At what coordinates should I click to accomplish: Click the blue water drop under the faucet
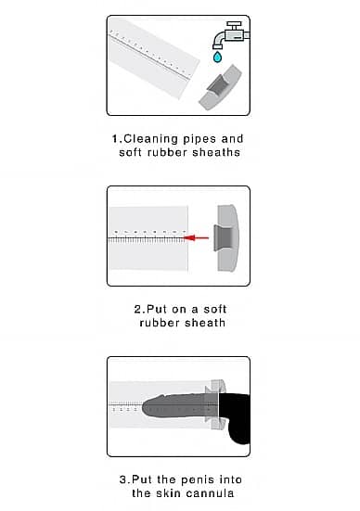[x=217, y=57]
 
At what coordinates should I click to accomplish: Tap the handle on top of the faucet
[x=235, y=24]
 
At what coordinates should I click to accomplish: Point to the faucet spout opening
[x=217, y=47]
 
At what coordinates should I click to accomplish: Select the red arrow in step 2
[x=196, y=238]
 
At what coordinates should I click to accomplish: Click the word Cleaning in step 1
[x=150, y=139]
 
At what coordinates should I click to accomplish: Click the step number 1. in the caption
[x=117, y=139]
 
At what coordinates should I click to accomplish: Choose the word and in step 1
[x=232, y=139]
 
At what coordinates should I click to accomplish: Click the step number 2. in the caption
[x=139, y=309]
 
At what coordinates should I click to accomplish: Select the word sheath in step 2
[x=205, y=323]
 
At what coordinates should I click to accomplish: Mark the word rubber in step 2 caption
[x=160, y=323]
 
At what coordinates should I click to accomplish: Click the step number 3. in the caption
[x=125, y=479]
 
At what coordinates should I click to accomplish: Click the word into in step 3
[x=230, y=479]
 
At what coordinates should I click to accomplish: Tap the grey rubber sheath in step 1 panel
[x=220, y=87]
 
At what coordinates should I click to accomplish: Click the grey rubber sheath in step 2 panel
[x=226, y=238]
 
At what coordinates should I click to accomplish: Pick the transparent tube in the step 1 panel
[x=153, y=58]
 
